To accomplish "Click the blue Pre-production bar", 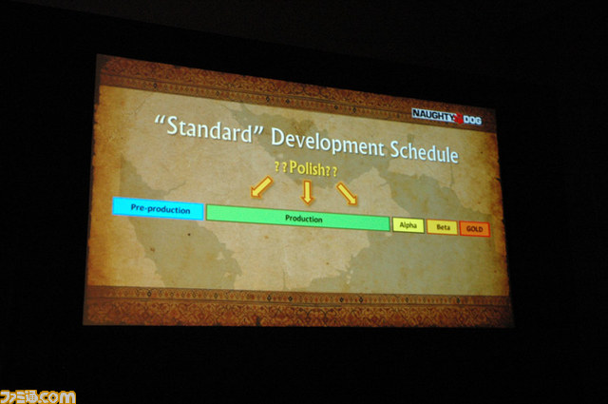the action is pyautogui.click(x=158, y=209).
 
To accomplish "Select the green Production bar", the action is pyautogui.click(x=297, y=218).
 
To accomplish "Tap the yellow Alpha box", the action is pyautogui.click(x=408, y=225).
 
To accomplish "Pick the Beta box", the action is pyautogui.click(x=442, y=227).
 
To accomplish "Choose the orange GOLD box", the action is pyautogui.click(x=475, y=228).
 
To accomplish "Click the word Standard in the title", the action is pyautogui.click(x=209, y=129).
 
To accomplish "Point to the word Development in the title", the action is pyautogui.click(x=328, y=143).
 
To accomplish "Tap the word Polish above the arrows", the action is pyautogui.click(x=307, y=168).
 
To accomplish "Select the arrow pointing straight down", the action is pyautogui.click(x=308, y=192).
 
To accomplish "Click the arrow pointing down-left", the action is pyautogui.click(x=262, y=186).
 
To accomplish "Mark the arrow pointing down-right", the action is pyautogui.click(x=347, y=194).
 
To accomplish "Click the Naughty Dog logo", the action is pyautogui.click(x=446, y=116).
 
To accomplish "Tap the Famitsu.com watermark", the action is pyautogui.click(x=38, y=397).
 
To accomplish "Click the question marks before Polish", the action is pyautogui.click(x=280, y=167).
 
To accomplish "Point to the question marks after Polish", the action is pyautogui.click(x=332, y=171).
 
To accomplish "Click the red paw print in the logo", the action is pyautogui.click(x=459, y=118).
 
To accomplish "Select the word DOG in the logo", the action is pyautogui.click(x=473, y=120).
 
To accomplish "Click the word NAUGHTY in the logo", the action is pyautogui.click(x=433, y=115).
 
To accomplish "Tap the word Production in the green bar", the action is pyautogui.click(x=304, y=219).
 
